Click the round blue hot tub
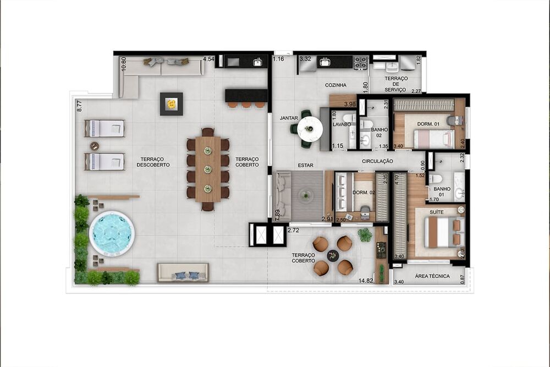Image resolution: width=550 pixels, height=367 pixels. [112, 233]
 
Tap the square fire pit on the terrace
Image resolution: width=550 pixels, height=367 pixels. [171, 103]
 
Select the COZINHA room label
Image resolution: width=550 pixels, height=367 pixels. [335, 85]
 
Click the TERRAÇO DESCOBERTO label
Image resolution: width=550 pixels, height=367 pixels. [153, 162]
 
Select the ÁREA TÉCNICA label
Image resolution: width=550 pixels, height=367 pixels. [433, 276]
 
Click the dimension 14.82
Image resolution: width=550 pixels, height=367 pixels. [366, 281]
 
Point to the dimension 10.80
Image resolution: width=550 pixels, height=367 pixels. [124, 64]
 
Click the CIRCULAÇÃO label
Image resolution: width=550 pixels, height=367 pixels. [377, 161]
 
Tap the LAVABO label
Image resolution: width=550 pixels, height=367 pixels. [342, 125]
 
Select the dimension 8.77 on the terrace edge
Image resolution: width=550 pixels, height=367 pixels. [79, 105]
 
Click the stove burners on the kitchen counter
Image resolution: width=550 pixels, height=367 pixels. [360, 62]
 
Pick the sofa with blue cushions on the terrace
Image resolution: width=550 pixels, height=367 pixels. [183, 272]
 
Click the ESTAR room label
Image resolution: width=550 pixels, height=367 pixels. [305, 165]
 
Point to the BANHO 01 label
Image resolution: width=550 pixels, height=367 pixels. [442, 192]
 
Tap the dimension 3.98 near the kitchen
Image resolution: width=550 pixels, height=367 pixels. [349, 104]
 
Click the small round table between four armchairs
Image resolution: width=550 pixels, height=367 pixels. [333, 255]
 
